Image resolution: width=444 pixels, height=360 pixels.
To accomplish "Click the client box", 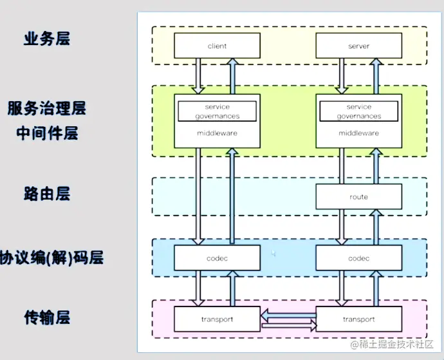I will (x=217, y=46).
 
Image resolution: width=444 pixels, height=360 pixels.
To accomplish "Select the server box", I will (x=358, y=46).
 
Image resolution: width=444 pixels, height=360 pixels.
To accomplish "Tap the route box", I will (x=358, y=196).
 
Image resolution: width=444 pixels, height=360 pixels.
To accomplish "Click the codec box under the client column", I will (x=217, y=258).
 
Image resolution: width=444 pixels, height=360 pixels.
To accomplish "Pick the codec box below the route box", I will (x=358, y=258).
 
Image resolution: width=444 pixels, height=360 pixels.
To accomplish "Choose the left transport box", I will (x=217, y=319).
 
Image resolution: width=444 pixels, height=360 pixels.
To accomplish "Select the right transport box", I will (x=358, y=319).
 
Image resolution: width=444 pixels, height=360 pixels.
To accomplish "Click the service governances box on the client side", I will (x=217, y=111).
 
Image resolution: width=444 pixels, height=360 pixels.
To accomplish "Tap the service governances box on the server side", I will (x=358, y=111).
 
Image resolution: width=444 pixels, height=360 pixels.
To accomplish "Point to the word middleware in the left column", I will (x=217, y=133).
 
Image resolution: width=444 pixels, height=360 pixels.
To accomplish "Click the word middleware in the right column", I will (x=358, y=133).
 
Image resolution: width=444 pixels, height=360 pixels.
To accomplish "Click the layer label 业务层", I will (x=46, y=39).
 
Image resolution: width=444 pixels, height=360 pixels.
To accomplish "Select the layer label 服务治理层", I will (x=46, y=108).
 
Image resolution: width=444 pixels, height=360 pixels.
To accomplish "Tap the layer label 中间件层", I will (x=46, y=133).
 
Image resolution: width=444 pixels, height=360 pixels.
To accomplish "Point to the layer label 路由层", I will (x=46, y=193).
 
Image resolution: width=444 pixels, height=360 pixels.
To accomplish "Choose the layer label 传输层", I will (x=46, y=317).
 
